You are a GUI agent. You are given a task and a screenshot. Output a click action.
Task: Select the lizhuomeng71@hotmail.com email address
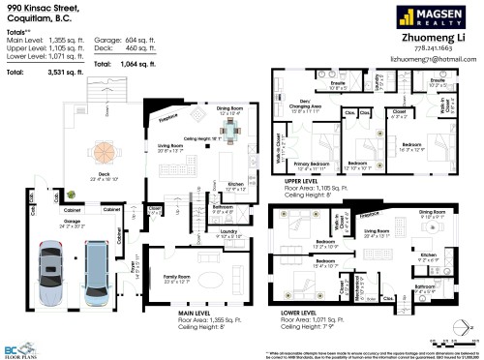click(433, 59)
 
